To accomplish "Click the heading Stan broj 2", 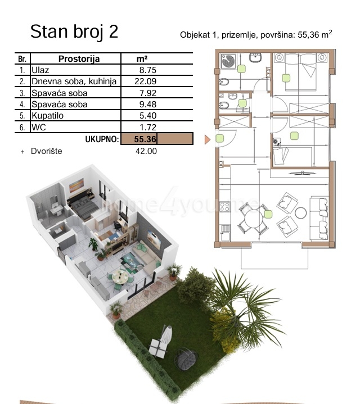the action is click(x=74, y=31).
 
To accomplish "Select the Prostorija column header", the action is click(x=79, y=59).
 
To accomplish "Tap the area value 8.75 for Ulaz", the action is click(x=148, y=70).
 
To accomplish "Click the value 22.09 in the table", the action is click(x=146, y=81).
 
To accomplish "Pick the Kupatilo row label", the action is click(x=47, y=116).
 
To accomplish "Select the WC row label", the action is click(x=39, y=128).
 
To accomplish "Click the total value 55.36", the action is click(x=145, y=139).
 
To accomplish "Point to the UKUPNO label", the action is click(x=102, y=139).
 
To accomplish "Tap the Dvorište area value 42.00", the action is click(x=146, y=151).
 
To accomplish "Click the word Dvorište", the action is click(x=47, y=151).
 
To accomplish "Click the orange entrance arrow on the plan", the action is click(x=208, y=139).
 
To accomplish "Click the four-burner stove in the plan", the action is click(x=224, y=207).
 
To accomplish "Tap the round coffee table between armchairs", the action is click(x=301, y=213).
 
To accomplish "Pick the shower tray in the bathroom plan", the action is click(x=228, y=61).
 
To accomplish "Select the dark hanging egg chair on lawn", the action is click(x=186, y=358).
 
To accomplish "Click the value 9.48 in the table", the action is click(x=148, y=105).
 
